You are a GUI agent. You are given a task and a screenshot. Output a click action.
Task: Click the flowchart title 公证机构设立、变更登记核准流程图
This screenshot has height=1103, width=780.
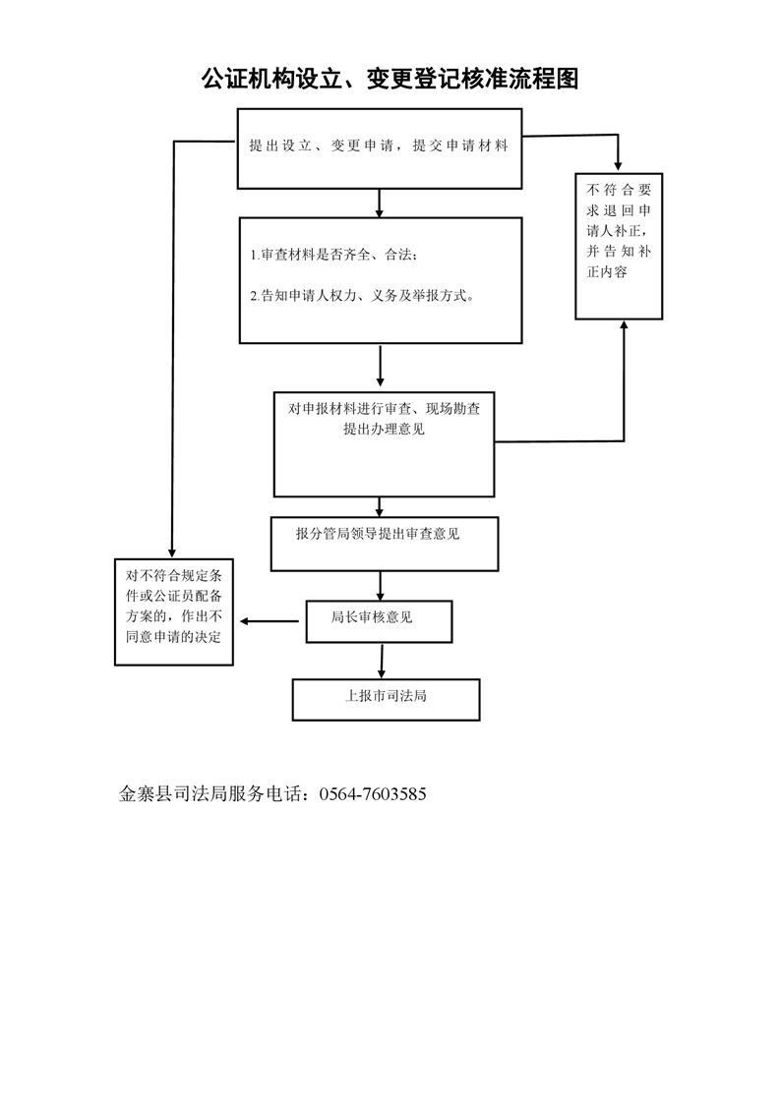[390, 79]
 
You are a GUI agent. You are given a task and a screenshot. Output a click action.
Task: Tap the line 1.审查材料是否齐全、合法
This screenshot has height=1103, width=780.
[333, 255]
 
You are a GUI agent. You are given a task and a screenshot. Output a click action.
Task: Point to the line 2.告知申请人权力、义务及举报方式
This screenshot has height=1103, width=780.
[363, 296]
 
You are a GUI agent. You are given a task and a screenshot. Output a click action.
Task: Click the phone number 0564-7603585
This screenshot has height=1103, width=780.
[373, 794]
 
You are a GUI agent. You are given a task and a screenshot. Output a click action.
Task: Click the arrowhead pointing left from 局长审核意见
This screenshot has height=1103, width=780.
[245, 621]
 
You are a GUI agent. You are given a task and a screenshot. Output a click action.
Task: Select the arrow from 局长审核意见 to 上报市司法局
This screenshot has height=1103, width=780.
[382, 661]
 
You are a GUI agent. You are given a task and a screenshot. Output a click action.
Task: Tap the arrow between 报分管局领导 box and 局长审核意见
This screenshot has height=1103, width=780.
[381, 585]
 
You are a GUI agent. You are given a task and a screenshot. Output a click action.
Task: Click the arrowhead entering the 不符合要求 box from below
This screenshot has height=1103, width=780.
[624, 325]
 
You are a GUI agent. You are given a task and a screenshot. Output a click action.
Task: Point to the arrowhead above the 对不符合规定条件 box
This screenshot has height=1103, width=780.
[171, 552]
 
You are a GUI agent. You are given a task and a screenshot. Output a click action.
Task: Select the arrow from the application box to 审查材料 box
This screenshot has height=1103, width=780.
[380, 203]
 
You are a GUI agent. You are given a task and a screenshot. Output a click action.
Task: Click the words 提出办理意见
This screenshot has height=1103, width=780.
[384, 429]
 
